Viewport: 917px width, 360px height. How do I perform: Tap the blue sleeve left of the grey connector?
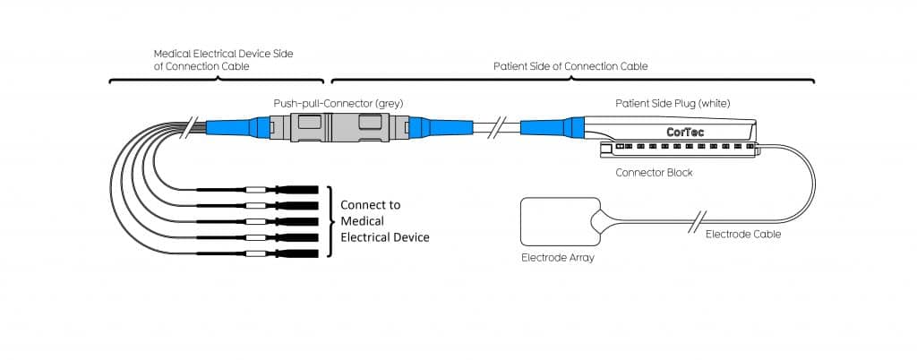[231, 128]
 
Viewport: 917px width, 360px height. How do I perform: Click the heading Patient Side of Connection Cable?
[570, 66]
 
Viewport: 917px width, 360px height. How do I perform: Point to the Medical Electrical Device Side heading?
[223, 60]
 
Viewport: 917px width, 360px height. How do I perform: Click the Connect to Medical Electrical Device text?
[385, 221]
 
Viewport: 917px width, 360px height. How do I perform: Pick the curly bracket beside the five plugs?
[331, 221]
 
